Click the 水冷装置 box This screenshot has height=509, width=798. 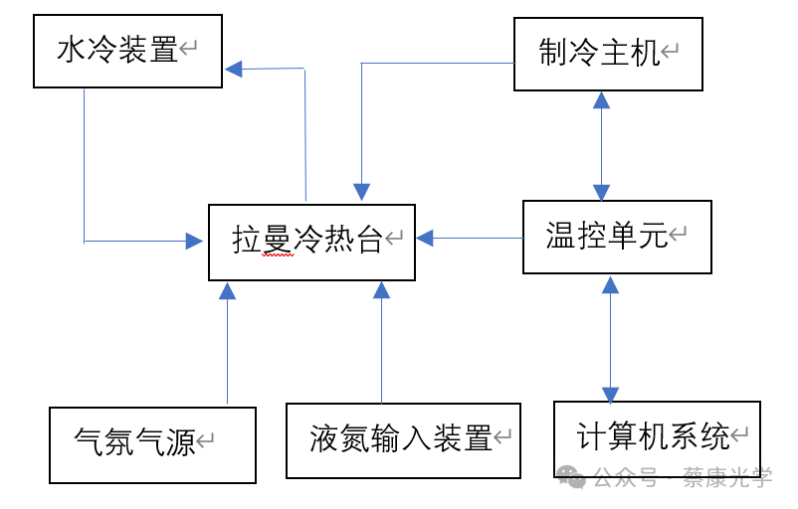click(127, 51)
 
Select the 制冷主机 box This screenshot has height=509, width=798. click(608, 55)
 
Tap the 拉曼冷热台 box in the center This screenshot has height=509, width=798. click(311, 242)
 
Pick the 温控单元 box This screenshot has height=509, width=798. click(617, 237)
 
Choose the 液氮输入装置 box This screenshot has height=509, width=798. click(403, 440)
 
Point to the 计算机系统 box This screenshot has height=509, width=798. click(657, 437)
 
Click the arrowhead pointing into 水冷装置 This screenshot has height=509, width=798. click(234, 69)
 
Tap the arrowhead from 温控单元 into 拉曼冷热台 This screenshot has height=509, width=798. click(426, 238)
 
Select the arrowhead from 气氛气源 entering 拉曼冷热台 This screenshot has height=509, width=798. click(227, 290)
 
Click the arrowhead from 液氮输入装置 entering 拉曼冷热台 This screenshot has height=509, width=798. click(381, 289)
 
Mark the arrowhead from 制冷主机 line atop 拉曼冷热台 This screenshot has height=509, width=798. click(361, 192)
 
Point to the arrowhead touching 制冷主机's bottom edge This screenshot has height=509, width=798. click(601, 99)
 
